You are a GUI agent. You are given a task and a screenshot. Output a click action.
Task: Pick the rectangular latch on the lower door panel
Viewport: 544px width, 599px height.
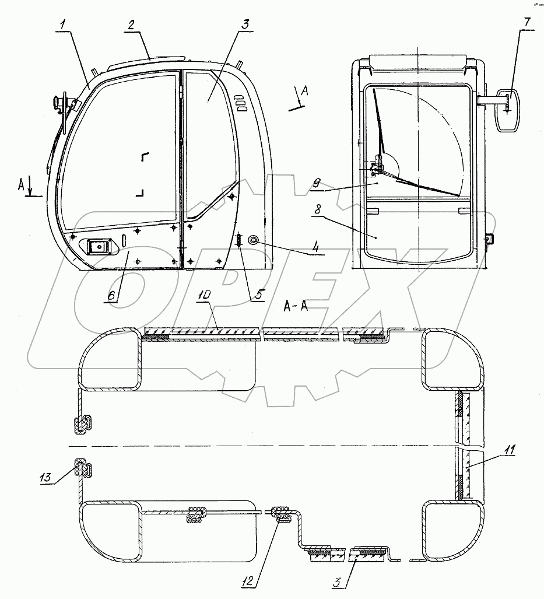click(x=98, y=247)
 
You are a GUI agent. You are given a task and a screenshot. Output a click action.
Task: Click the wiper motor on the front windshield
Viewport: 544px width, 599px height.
click(x=378, y=169)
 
